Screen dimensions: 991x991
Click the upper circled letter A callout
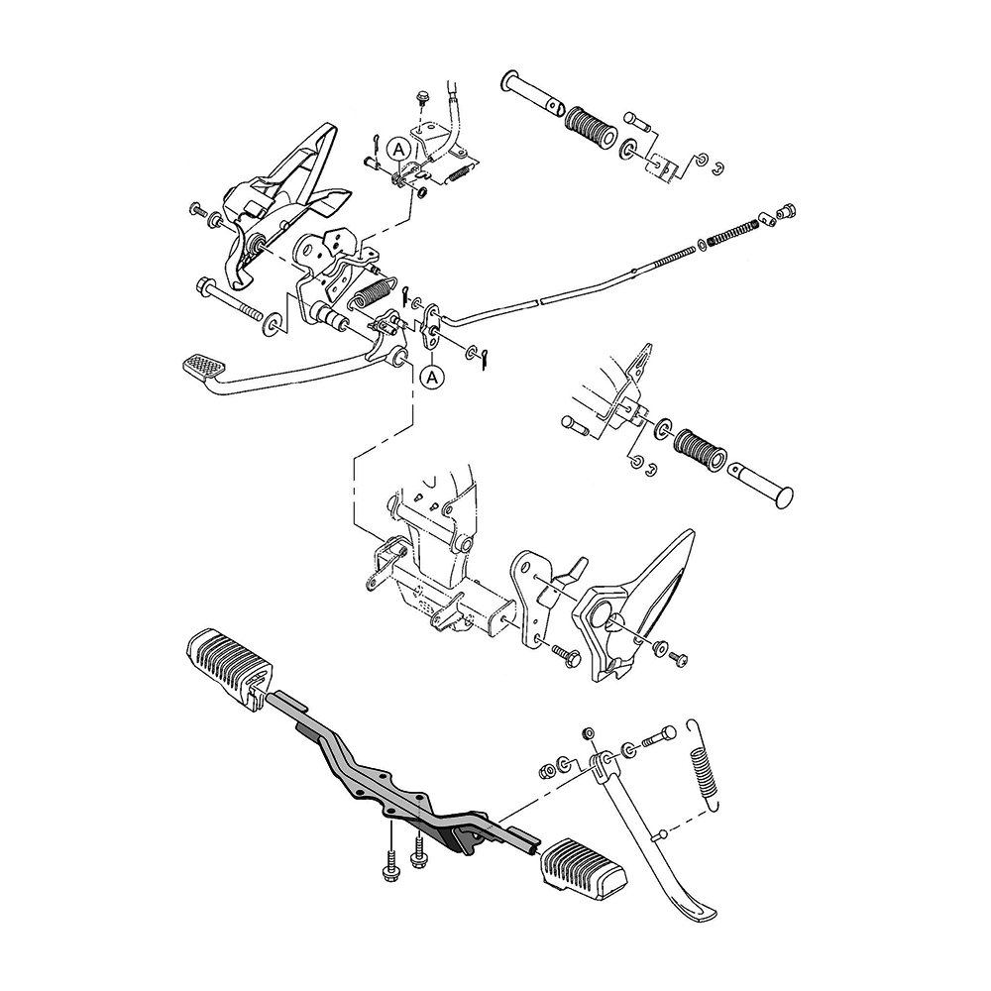click(x=398, y=150)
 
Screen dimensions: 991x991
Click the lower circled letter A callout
click(x=432, y=378)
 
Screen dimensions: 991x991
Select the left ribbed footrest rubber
click(x=230, y=662)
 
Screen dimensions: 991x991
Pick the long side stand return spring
click(x=705, y=765)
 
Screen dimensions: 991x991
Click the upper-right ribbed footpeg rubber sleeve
click(x=591, y=128)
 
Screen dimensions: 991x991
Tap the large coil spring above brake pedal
click(x=372, y=292)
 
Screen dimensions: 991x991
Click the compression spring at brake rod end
click(x=732, y=232)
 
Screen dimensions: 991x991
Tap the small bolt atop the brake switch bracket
click(x=422, y=100)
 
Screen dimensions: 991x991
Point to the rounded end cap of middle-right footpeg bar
click(x=783, y=497)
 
